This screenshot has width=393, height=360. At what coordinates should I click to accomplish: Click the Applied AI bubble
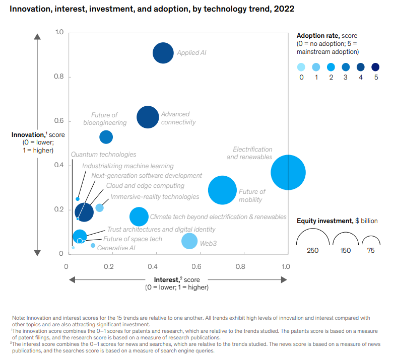pos(163,53)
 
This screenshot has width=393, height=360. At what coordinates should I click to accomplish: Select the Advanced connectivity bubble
pos(148,117)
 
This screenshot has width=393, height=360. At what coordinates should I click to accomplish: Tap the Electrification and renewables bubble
pos(288,173)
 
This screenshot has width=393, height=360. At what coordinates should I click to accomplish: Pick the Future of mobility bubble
pos(222,190)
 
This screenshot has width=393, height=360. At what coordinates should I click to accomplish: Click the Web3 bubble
pos(189,241)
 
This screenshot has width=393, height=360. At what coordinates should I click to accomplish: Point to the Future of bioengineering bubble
pos(106,136)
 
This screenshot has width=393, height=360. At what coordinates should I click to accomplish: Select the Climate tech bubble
pos(139,217)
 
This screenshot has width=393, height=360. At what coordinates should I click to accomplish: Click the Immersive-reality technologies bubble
pos(100,207)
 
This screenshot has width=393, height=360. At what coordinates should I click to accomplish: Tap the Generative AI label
pos(116,248)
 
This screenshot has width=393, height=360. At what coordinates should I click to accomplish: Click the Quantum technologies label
pos(103,155)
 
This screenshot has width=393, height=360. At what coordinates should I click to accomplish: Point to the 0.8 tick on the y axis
pos(59,77)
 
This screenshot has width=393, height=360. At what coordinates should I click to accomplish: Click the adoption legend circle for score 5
pos(376,67)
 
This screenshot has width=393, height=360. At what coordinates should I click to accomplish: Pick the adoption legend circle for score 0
pos(301,67)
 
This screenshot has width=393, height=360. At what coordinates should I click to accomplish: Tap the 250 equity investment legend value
pos(312,250)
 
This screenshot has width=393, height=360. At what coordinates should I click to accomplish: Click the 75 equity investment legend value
pos(371,250)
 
